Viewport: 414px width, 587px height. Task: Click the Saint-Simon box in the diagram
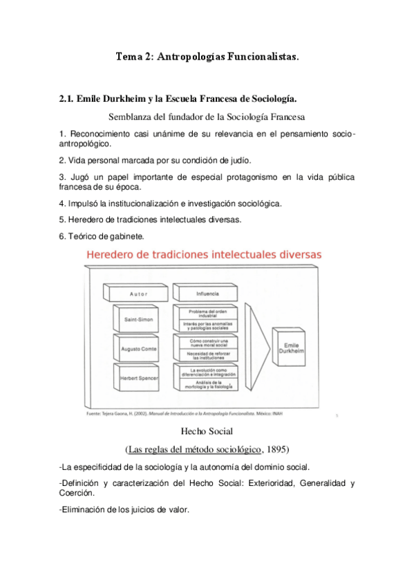click(138, 320)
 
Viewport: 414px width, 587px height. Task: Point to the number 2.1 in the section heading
click(66, 99)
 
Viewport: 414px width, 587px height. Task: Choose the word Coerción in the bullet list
click(79, 494)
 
